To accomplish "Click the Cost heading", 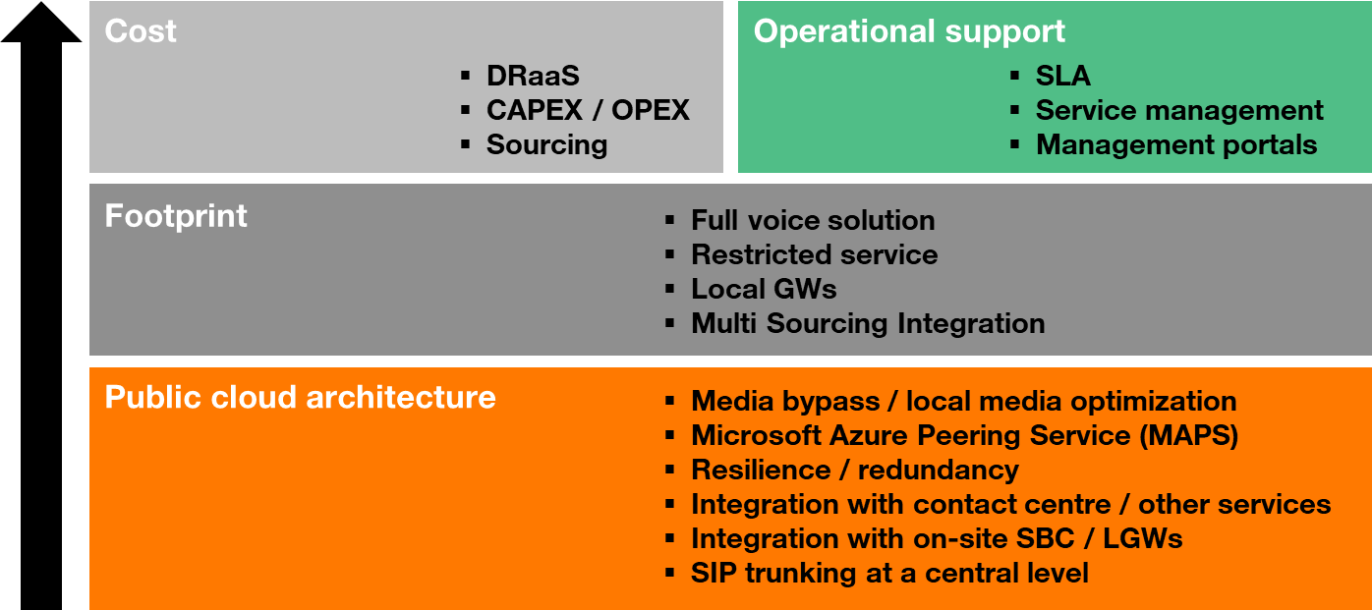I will pos(141,31).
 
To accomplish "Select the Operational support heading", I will pos(909,31).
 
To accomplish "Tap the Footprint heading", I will pos(176,215).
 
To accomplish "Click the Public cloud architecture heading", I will pos(300,398).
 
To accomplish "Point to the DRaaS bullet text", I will pos(533,76).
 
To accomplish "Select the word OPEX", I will pos(651,110).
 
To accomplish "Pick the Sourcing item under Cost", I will pos(546,144).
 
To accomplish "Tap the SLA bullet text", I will pos(1062,76).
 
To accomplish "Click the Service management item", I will pos(1179,110).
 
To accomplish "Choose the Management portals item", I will pos(1176,144).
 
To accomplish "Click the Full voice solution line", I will pos(813,220).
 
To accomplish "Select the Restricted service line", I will pos(814,254).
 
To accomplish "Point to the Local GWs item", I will pos(764,289).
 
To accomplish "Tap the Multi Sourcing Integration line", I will pos(868,323).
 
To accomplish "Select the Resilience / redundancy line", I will pos(854,470).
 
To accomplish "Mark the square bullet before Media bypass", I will pos(670,401).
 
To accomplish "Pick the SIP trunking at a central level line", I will pos(889,573).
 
